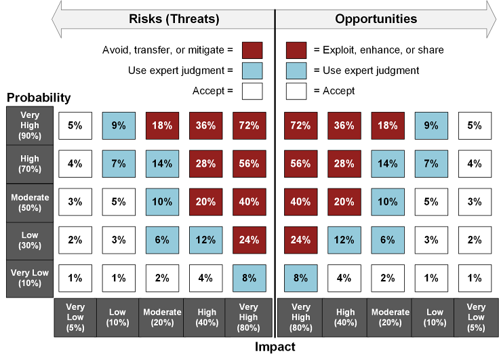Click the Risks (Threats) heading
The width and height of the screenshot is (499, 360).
[174, 19]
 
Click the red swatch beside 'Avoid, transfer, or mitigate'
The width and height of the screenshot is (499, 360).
[252, 49]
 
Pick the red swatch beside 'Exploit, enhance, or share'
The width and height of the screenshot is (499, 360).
[297, 49]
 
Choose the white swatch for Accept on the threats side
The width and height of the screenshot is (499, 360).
[252, 90]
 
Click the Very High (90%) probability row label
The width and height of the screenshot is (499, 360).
[29, 125]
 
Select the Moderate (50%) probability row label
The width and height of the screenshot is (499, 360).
[29, 201]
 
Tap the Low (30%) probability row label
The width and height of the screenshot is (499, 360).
[29, 239]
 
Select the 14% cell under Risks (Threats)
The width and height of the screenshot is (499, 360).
[162, 163]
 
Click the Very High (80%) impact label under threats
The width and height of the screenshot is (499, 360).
[249, 317]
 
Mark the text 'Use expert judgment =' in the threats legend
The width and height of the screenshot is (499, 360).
[180, 70]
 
